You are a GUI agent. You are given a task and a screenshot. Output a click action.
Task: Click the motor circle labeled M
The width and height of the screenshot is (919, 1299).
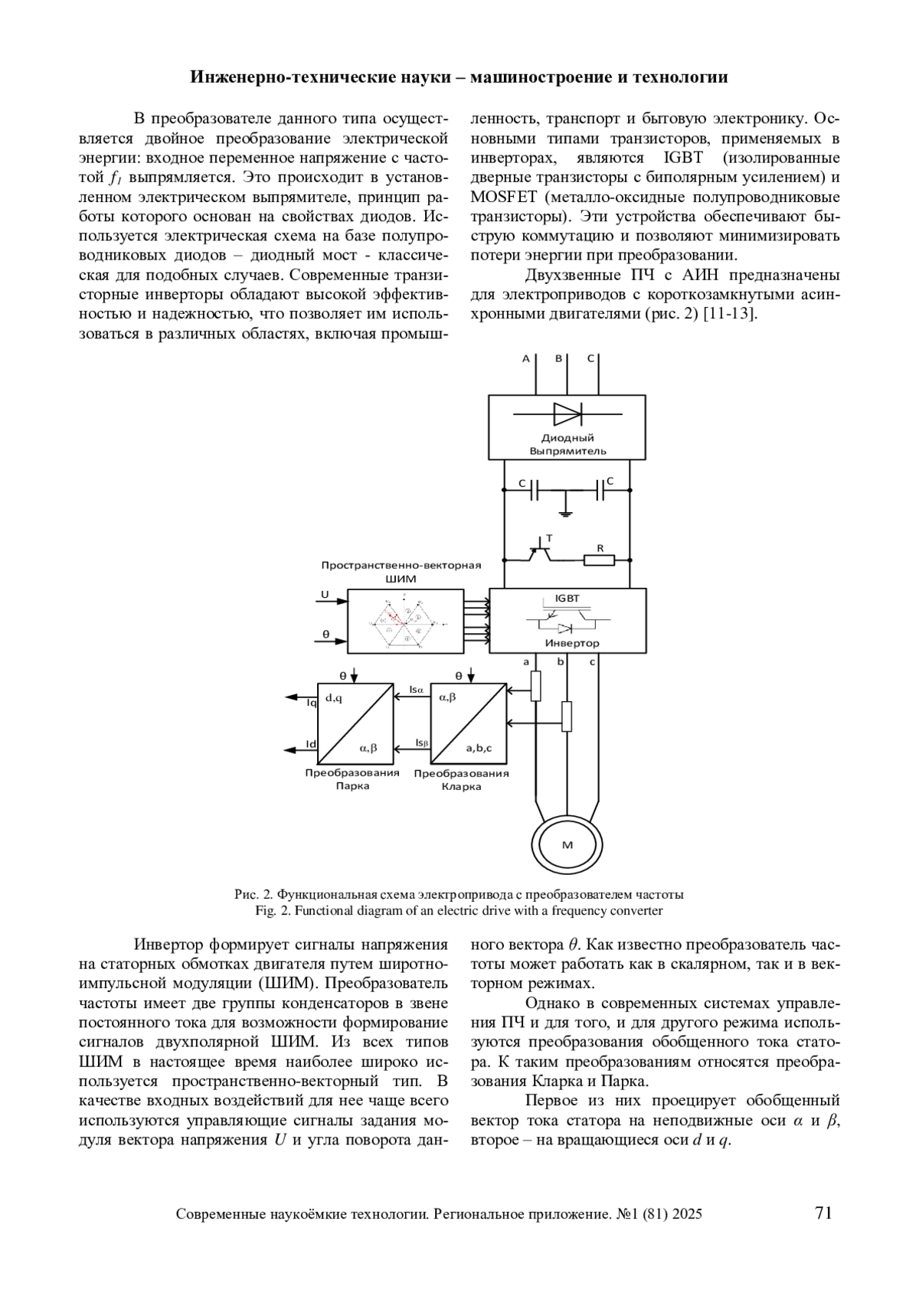coord(567,844)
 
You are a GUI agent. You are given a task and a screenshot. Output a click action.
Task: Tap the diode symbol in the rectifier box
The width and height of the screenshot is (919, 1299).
coord(567,414)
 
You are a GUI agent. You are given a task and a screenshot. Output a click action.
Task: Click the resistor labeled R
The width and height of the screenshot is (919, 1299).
coord(599,560)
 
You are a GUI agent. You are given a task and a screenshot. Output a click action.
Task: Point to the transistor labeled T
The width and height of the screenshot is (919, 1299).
coord(543,550)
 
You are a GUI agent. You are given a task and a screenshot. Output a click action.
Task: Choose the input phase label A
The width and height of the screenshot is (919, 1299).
coord(526,358)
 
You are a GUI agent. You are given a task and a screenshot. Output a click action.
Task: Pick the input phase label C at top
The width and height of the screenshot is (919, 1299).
coord(590,358)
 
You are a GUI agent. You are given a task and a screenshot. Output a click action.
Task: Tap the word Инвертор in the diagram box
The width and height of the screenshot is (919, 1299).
coord(572,643)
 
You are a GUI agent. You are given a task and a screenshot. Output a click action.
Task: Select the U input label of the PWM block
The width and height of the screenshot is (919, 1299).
coord(325,595)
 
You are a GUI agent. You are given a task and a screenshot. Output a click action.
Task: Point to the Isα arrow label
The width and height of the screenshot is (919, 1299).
coord(416,690)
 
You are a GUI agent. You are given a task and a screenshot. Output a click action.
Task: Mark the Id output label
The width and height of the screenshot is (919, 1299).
coord(311,744)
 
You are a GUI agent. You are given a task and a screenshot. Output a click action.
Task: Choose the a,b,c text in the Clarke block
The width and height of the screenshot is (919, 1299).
coord(479,748)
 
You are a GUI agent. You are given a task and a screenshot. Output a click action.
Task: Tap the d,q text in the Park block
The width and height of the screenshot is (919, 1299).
coord(334,697)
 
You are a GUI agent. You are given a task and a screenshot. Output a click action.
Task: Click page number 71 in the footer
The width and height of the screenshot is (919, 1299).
coord(823,1213)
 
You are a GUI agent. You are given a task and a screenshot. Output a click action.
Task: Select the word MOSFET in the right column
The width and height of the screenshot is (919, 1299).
coord(503,197)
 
